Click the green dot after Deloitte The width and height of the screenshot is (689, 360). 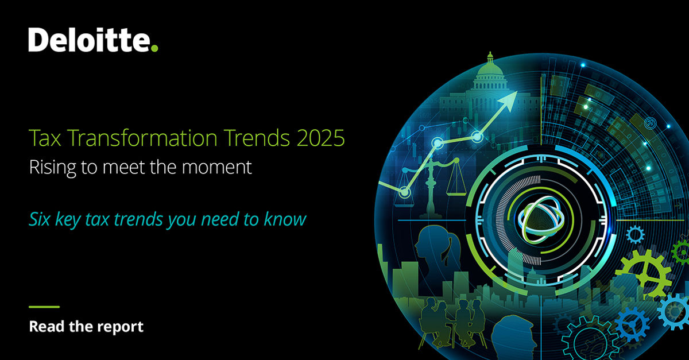point(153,48)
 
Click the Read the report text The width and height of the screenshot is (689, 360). point(86,327)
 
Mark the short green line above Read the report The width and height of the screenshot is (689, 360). point(44,307)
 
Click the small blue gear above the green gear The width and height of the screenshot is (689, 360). point(634,234)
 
